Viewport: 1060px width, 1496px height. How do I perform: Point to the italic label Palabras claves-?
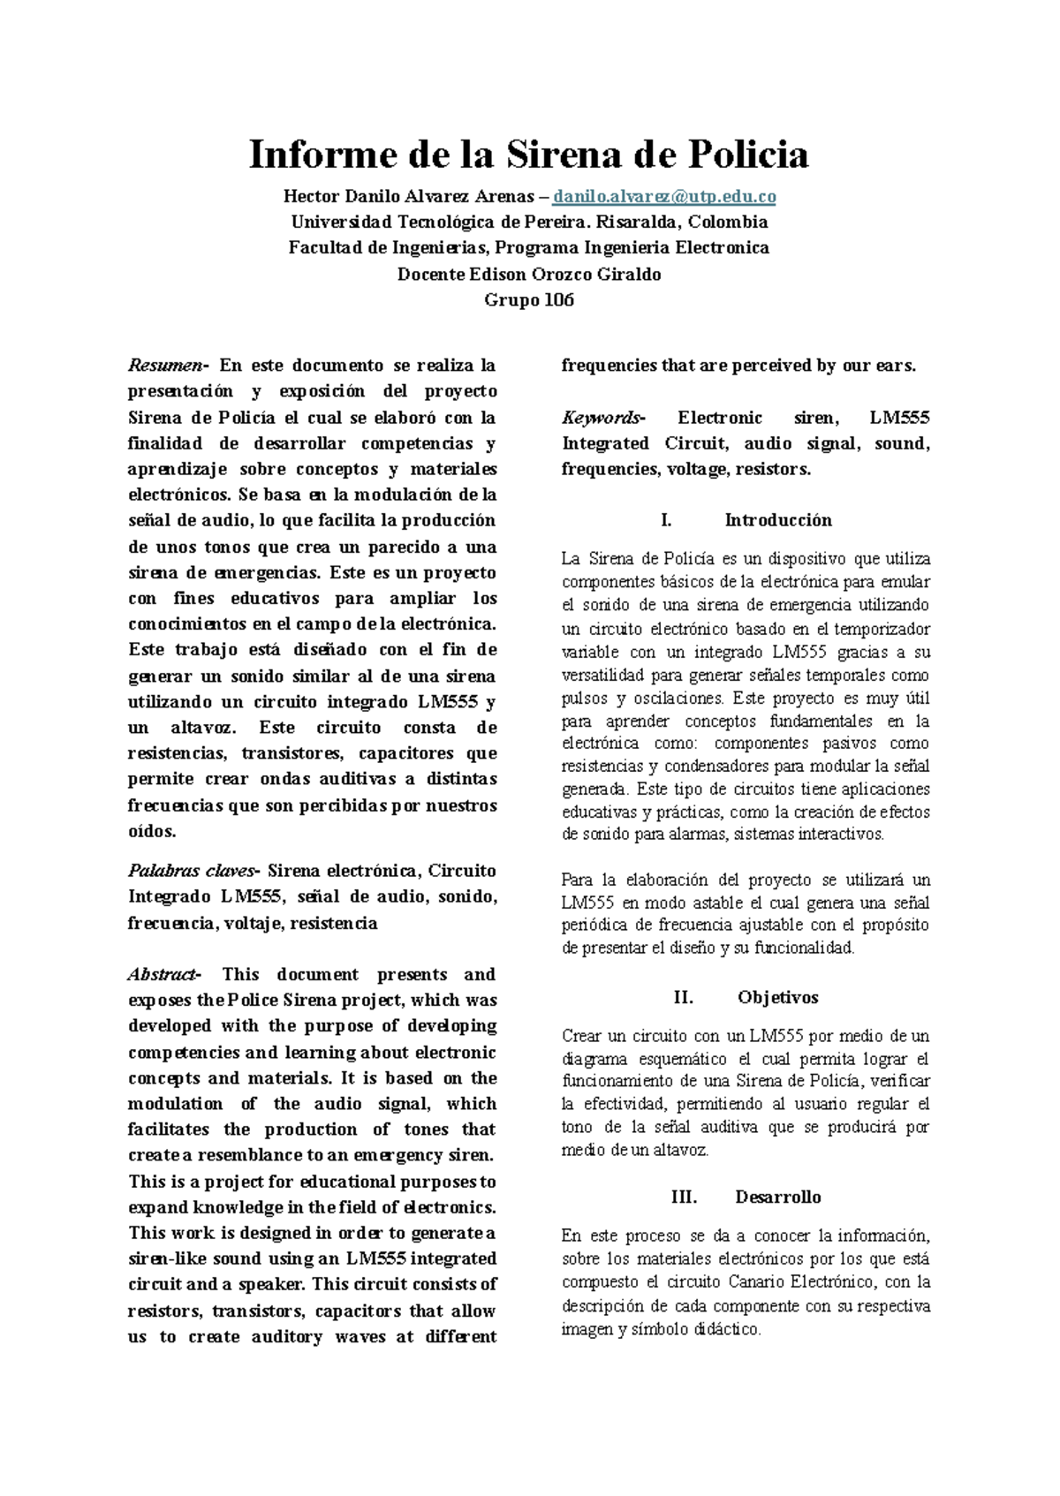194,871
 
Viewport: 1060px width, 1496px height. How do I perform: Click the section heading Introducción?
778,520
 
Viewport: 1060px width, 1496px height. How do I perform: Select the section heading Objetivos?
777,998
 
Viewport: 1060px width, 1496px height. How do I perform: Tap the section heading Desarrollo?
777,1198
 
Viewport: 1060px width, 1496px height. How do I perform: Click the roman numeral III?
684,1198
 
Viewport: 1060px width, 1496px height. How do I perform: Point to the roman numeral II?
684,998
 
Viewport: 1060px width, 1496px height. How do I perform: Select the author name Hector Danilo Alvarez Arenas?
406,196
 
